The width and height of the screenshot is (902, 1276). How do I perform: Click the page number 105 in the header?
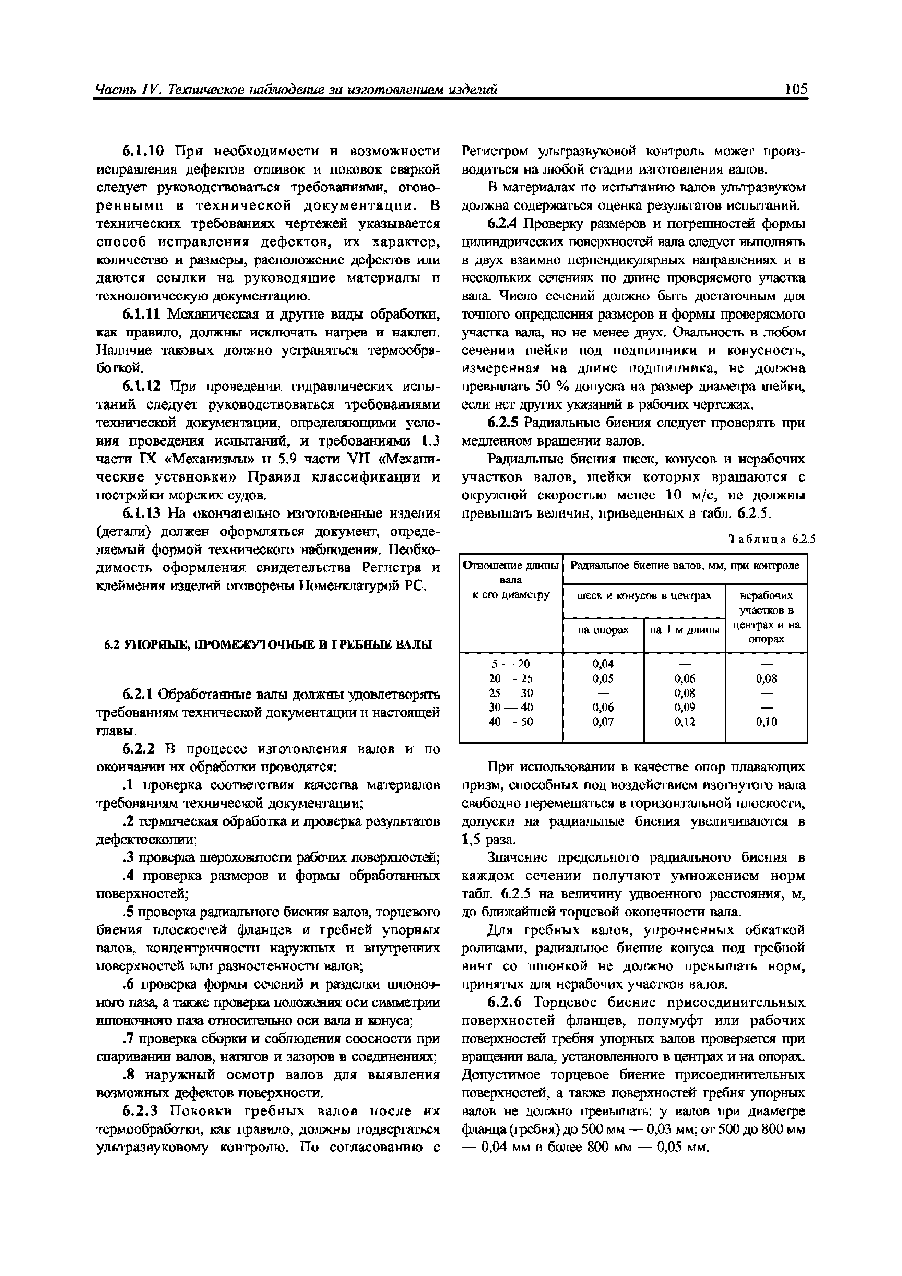[x=795, y=89]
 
